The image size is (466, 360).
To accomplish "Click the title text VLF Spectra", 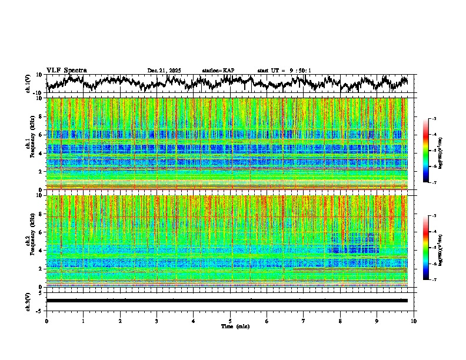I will click(66, 70).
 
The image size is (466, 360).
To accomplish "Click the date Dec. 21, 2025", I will click(164, 71).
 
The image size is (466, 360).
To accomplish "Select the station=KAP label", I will click(218, 71).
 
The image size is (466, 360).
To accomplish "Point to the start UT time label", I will click(284, 71).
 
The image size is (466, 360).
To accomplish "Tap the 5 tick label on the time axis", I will click(230, 321).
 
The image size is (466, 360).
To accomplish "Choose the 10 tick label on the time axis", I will click(414, 321).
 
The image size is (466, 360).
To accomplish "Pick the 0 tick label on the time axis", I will click(46, 321).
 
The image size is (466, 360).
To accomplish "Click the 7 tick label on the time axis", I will click(304, 321).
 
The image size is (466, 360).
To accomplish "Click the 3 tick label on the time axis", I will click(157, 321).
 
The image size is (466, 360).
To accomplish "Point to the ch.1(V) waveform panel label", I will click(29, 84).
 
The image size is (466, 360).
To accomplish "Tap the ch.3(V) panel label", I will click(29, 301).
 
